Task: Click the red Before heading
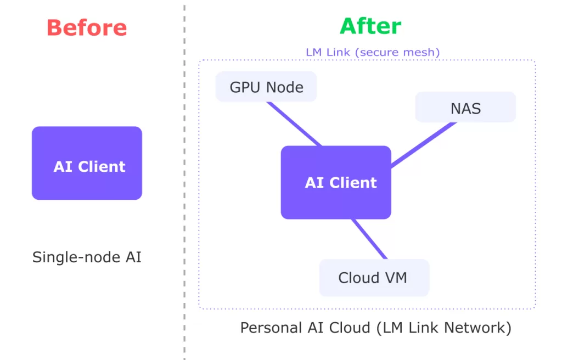tap(87, 27)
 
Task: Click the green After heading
tap(370, 26)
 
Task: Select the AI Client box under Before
tap(87, 163)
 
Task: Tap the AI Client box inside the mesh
tap(336, 182)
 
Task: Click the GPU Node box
tap(266, 87)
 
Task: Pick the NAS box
tap(465, 108)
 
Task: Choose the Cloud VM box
tap(374, 278)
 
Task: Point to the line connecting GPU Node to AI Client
tap(294, 124)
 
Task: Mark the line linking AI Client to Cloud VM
tap(369, 239)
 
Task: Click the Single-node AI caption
tap(87, 257)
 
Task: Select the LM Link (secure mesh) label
tap(373, 53)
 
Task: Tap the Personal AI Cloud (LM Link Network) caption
tap(376, 328)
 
